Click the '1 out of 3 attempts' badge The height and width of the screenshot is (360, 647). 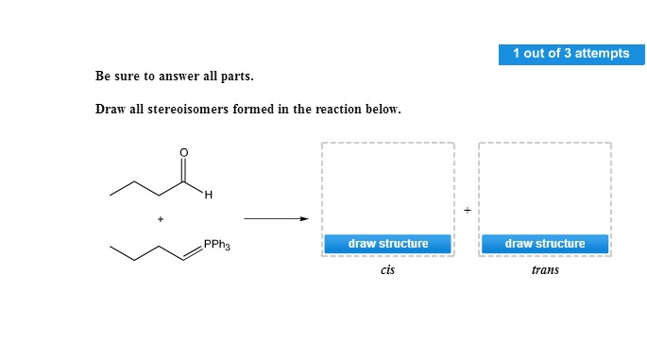pos(570,54)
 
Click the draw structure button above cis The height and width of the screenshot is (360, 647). pos(387,244)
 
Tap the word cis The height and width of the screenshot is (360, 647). pos(387,271)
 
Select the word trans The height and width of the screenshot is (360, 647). pos(545,271)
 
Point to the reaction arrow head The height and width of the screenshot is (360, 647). pos(304,219)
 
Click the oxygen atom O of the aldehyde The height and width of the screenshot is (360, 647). pos(184,152)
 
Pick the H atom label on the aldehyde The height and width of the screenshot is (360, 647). pos(209,196)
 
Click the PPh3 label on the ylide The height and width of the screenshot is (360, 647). pos(217,246)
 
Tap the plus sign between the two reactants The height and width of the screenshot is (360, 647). pos(161,219)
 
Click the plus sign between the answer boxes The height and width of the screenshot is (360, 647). pos(467,209)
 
